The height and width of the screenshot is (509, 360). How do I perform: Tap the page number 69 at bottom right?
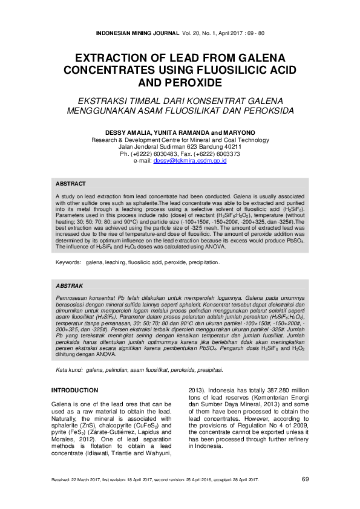(306, 479)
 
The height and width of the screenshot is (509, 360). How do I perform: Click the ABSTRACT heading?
(71, 183)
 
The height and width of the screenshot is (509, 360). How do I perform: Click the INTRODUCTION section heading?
(74, 391)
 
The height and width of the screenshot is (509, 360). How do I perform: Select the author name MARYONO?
(237, 132)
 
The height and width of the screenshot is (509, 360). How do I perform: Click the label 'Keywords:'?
(68, 263)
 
